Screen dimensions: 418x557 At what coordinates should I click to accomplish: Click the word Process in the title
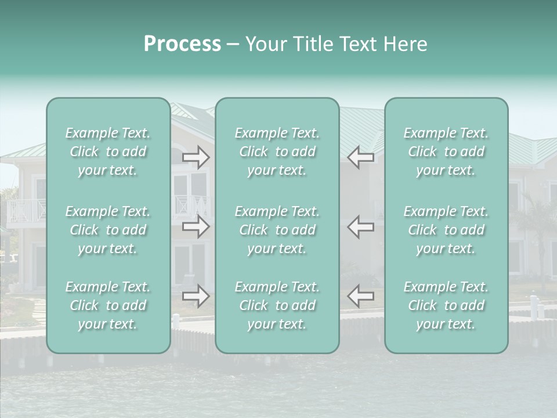click(182, 44)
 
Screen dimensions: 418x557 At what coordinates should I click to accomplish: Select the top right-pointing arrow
click(196, 157)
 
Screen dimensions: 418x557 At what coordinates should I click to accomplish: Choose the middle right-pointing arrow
click(196, 226)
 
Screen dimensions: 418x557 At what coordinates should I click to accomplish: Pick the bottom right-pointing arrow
click(196, 296)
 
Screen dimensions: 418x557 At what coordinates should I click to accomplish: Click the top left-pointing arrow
click(360, 157)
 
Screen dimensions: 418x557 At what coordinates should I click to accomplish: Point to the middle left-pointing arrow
click(360, 226)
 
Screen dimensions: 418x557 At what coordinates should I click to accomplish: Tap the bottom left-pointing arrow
click(360, 296)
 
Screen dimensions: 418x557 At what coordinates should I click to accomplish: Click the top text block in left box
click(108, 152)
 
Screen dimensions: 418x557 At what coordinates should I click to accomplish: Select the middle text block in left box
click(108, 230)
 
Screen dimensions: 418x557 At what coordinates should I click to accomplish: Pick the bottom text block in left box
click(108, 305)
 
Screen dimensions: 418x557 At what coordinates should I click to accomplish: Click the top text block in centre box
click(277, 152)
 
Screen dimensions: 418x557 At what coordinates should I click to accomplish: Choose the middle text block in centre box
click(277, 230)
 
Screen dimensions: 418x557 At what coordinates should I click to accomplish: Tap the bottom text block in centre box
click(277, 305)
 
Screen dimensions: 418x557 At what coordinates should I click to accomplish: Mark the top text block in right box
click(446, 152)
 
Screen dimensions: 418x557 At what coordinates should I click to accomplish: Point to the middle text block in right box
click(446, 230)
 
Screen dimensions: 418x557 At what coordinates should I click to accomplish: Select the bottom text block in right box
click(446, 305)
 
